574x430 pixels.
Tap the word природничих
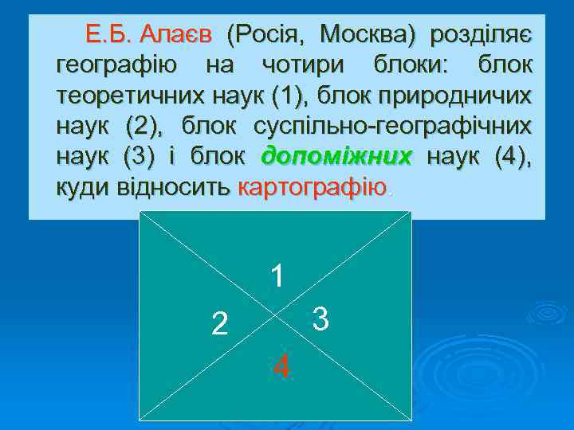point(462,97)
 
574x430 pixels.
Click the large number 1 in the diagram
point(277,276)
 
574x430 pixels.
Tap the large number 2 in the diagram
point(219,323)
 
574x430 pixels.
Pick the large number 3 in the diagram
point(320,319)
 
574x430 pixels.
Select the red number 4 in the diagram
point(281,367)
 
